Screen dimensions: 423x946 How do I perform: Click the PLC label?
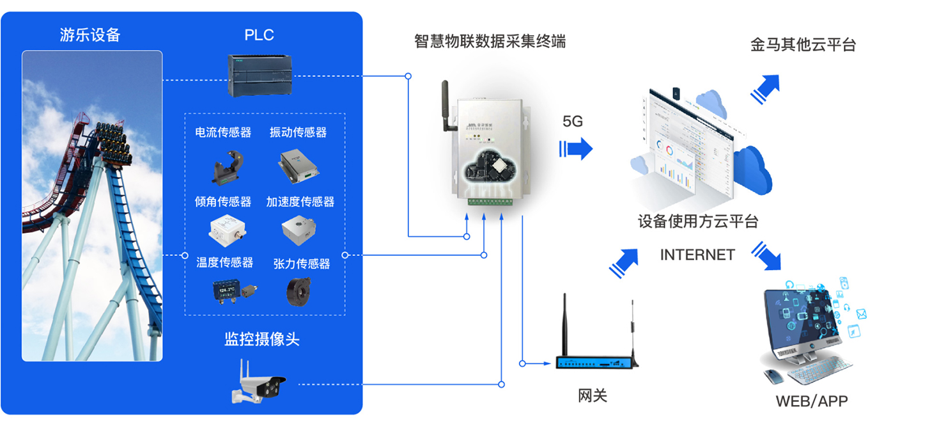pos(259,35)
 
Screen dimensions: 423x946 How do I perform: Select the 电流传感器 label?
pos(223,132)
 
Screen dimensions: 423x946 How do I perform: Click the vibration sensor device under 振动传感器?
pos(298,164)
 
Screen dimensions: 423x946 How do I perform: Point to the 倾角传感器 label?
pos(223,202)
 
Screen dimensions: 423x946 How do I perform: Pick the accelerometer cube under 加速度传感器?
pos(299,229)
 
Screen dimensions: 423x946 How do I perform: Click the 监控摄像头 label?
pos(261,339)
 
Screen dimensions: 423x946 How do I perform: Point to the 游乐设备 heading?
pos(90,35)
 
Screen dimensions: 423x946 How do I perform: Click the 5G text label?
pos(573,121)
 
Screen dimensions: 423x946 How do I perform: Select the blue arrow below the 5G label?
pos(577,149)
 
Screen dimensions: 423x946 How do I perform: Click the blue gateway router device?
pos(596,362)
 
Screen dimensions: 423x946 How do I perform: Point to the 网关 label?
pos(593,396)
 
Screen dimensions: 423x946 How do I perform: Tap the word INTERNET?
pos(697,255)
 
